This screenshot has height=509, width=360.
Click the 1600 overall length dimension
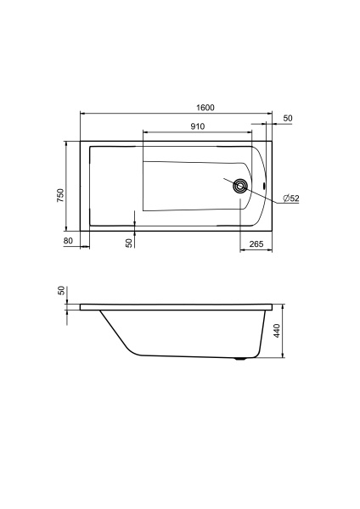point(205,108)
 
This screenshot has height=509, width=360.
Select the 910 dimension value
point(198,126)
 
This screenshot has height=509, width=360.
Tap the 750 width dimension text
point(61,195)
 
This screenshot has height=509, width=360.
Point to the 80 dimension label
point(68,241)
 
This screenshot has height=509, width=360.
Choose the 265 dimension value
point(256,243)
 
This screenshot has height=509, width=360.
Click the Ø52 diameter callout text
point(291,199)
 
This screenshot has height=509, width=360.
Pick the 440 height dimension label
point(277,331)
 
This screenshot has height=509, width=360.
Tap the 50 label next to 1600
point(288,118)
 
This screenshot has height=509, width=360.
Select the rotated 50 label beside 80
point(129,243)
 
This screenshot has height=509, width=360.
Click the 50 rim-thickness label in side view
point(61,290)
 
